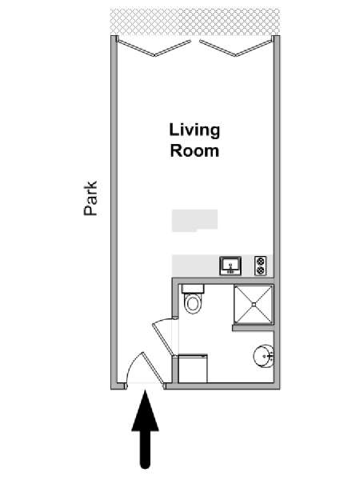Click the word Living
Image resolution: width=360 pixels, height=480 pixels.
[x=194, y=130]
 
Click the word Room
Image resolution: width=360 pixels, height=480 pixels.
[x=194, y=151]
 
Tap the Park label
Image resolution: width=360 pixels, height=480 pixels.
[x=90, y=198]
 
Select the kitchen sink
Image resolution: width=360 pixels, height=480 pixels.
[x=230, y=266]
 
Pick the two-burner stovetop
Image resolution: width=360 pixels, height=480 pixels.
[x=261, y=266]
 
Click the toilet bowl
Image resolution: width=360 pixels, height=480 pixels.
[x=193, y=304]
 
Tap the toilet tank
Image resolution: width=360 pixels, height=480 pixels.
[x=193, y=289]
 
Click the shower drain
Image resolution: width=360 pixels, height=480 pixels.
[x=254, y=304]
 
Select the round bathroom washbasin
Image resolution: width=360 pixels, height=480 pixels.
[x=263, y=356]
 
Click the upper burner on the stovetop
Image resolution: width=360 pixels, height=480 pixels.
[x=261, y=261]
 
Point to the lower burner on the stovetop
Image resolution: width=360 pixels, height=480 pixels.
[x=261, y=270]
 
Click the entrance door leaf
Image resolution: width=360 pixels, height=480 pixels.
[x=153, y=368]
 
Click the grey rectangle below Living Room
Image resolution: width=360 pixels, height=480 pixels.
[x=194, y=221]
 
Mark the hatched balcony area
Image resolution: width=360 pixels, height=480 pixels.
[x=195, y=22]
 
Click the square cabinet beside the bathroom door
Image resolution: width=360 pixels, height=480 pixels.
[x=193, y=369]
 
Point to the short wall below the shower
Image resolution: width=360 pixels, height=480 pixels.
[x=253, y=328]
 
